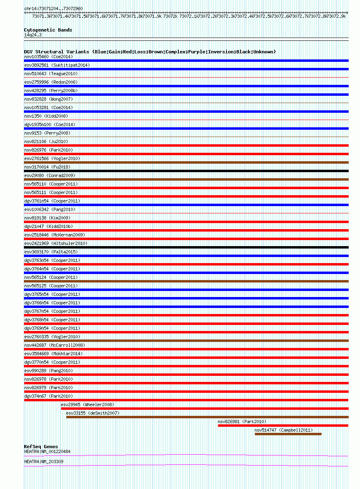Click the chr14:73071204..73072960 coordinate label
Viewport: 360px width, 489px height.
tap(53, 8)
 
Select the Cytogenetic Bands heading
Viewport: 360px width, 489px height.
tap(48, 30)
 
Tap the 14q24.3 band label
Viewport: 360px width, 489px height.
tap(33, 35)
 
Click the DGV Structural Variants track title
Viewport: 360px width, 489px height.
tap(150, 52)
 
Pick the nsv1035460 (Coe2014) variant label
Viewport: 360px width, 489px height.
tap(49, 57)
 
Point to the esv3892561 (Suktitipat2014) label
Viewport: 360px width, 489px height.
tap(57, 65)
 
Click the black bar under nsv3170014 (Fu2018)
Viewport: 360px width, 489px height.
tap(186, 171)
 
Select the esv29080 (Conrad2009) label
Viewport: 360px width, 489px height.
tap(50, 175)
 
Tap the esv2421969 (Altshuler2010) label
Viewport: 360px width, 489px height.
tap(56, 243)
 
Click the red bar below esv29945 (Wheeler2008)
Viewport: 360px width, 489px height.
tap(204, 409)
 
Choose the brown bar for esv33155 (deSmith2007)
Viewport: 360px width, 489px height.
tap(207, 417)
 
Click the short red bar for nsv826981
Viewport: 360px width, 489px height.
tap(283, 426)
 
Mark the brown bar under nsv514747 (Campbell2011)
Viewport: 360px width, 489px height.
tap(288, 434)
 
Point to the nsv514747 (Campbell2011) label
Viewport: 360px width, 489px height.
tap(284, 430)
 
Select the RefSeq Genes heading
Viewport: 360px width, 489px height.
tap(41, 447)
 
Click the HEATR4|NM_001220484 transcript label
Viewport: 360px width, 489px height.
tap(47, 451)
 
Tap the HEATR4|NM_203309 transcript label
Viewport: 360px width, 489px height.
tap(44, 462)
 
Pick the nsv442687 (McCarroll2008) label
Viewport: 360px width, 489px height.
tap(55, 345)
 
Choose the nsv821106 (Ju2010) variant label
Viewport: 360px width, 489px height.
tap(46, 141)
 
